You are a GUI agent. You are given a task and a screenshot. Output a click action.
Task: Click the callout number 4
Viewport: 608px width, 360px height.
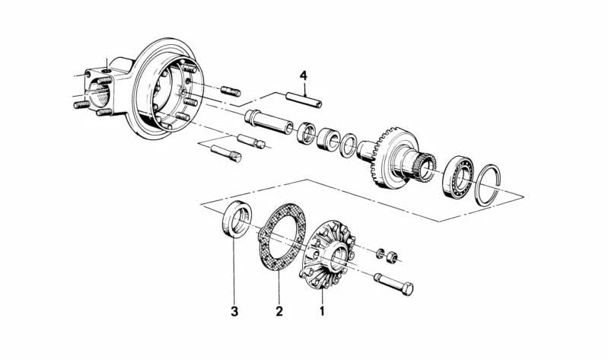[303, 75]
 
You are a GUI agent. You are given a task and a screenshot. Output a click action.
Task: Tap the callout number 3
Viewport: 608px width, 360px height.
[234, 311]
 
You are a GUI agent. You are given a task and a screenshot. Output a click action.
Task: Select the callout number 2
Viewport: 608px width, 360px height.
[279, 311]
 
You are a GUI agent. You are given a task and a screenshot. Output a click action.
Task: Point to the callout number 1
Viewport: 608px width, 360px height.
[321, 311]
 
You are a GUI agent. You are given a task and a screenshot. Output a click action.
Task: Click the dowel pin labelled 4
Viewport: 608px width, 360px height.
[304, 100]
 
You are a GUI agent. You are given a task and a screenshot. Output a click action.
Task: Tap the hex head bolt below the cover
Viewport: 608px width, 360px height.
[393, 284]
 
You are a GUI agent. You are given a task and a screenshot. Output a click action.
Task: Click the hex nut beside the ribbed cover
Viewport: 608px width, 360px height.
[392, 257]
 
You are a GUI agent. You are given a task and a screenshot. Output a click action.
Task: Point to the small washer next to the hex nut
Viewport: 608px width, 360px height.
[380, 253]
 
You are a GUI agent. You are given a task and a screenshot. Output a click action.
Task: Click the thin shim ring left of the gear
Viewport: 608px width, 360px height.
[349, 145]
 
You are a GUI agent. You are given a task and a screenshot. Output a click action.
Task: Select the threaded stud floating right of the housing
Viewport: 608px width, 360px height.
[231, 91]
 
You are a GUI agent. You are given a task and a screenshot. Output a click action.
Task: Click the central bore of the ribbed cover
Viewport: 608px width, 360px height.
[338, 256]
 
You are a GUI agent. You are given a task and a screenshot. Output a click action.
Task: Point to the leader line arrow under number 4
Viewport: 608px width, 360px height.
[305, 89]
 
